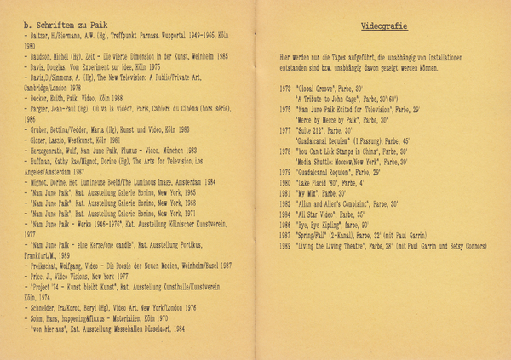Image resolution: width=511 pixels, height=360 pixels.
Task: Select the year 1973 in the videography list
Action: tap(285, 88)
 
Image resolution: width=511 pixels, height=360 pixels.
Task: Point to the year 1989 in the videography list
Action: tap(285, 246)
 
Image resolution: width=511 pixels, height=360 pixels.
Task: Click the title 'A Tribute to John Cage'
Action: tap(340, 100)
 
